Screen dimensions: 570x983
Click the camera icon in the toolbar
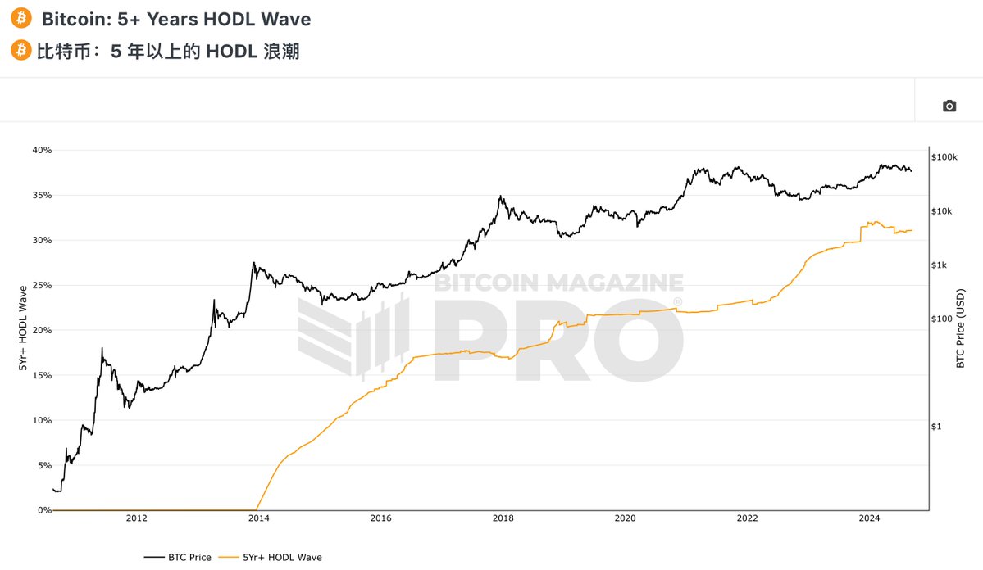click(949, 106)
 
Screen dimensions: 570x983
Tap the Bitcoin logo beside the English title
click(21, 18)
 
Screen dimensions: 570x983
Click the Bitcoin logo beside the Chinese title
click(21, 52)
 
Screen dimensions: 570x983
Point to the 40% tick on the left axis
click(41, 150)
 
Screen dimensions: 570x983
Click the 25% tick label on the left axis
click(41, 285)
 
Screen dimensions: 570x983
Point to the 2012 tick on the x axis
click(137, 518)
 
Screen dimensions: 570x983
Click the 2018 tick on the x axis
click(503, 518)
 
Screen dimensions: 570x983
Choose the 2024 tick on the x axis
click(869, 518)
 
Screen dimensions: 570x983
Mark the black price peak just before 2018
click(500, 197)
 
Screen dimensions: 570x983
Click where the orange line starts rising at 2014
click(258, 509)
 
